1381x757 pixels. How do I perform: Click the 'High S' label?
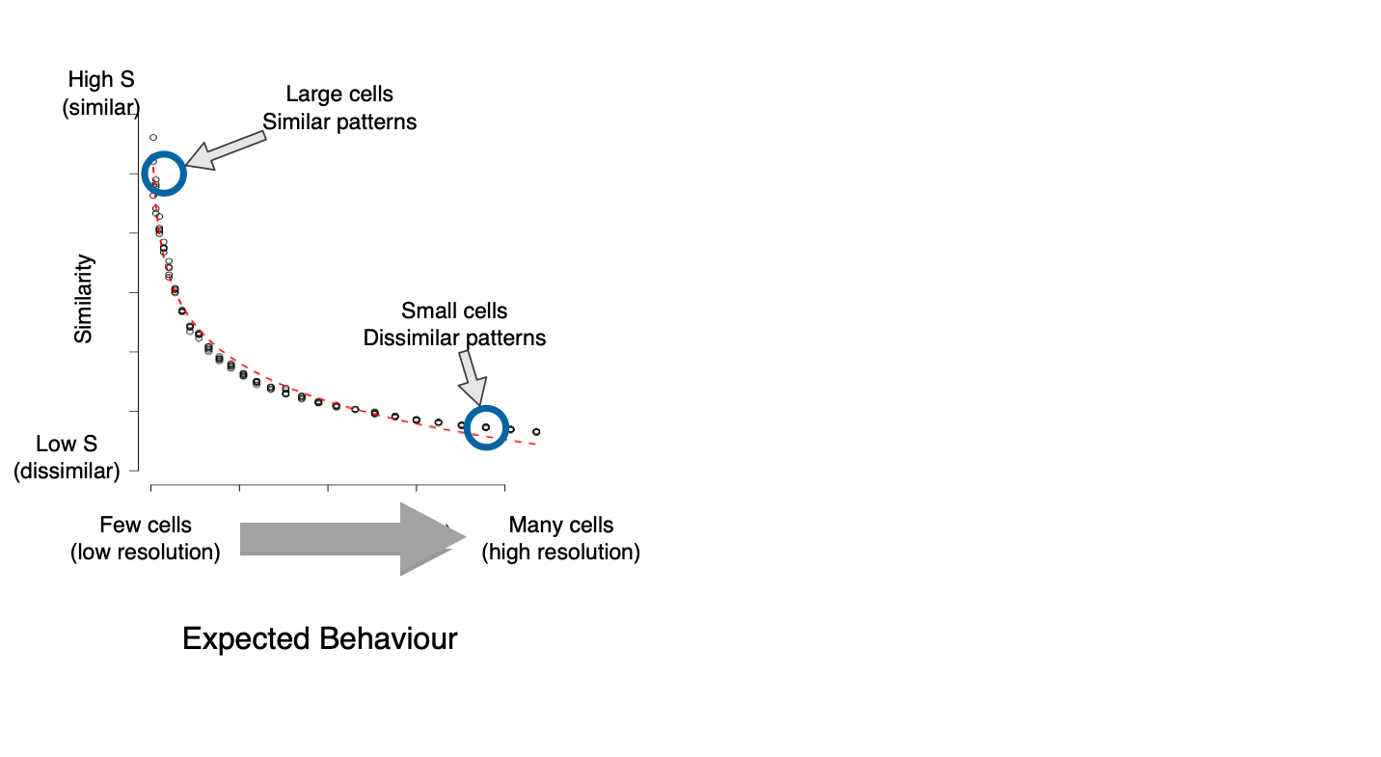[101, 79]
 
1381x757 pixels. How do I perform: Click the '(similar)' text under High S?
[101, 107]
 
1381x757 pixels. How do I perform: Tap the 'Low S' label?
[67, 444]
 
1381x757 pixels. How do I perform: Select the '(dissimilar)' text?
[67, 471]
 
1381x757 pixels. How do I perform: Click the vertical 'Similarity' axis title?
[83, 299]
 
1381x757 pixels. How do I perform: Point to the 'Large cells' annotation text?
[339, 94]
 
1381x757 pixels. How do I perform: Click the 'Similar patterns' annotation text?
[339, 122]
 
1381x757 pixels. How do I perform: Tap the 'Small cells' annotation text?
[454, 311]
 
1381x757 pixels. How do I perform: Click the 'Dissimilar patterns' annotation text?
[454, 338]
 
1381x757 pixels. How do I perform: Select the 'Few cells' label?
[146, 525]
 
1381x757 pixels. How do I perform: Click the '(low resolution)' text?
[146, 552]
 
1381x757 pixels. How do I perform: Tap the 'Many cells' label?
[561, 525]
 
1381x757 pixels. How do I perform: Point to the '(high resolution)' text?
[561, 552]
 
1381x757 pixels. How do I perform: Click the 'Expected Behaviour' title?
[320, 638]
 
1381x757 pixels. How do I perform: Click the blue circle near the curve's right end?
[486, 406]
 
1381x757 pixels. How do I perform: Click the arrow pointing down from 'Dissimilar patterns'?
[472, 377]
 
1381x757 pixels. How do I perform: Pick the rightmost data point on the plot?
[536, 432]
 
